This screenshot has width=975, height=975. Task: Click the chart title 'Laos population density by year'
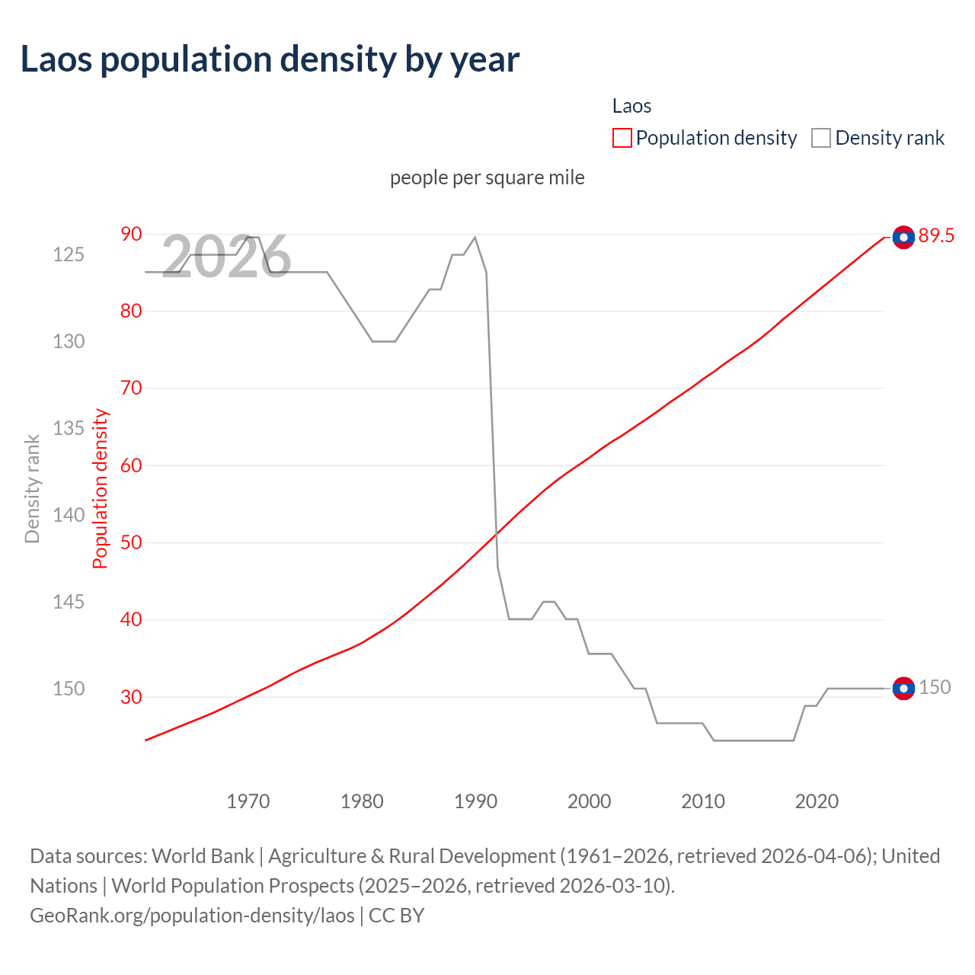click(270, 59)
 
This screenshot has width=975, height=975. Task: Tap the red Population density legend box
click(622, 138)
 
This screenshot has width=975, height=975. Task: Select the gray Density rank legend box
click(821, 138)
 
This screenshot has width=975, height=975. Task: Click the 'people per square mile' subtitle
click(487, 177)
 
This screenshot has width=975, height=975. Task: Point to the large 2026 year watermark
click(226, 257)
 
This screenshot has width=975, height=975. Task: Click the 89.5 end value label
click(936, 236)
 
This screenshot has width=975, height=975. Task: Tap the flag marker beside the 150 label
click(903, 688)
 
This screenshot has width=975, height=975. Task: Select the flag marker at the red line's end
click(903, 238)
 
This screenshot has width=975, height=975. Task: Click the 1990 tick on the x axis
click(475, 801)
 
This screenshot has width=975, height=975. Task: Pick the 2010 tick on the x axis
click(702, 801)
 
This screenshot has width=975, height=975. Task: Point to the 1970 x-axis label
click(248, 801)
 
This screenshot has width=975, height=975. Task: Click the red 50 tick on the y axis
click(131, 542)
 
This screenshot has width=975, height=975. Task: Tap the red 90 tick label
click(131, 234)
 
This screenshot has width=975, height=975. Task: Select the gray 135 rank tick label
click(69, 428)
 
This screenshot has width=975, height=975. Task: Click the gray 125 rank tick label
click(69, 254)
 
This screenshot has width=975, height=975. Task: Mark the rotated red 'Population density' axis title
click(101, 489)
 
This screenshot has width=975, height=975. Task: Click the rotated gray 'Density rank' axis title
click(32, 489)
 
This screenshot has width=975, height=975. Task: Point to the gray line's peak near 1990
click(475, 237)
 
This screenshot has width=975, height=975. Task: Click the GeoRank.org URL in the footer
click(192, 915)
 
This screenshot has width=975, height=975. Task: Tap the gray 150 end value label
click(935, 687)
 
